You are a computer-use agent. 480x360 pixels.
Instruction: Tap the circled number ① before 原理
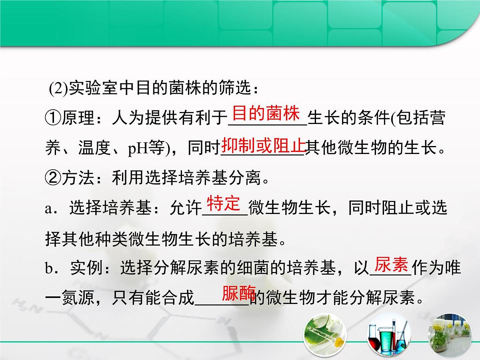point(53,119)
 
